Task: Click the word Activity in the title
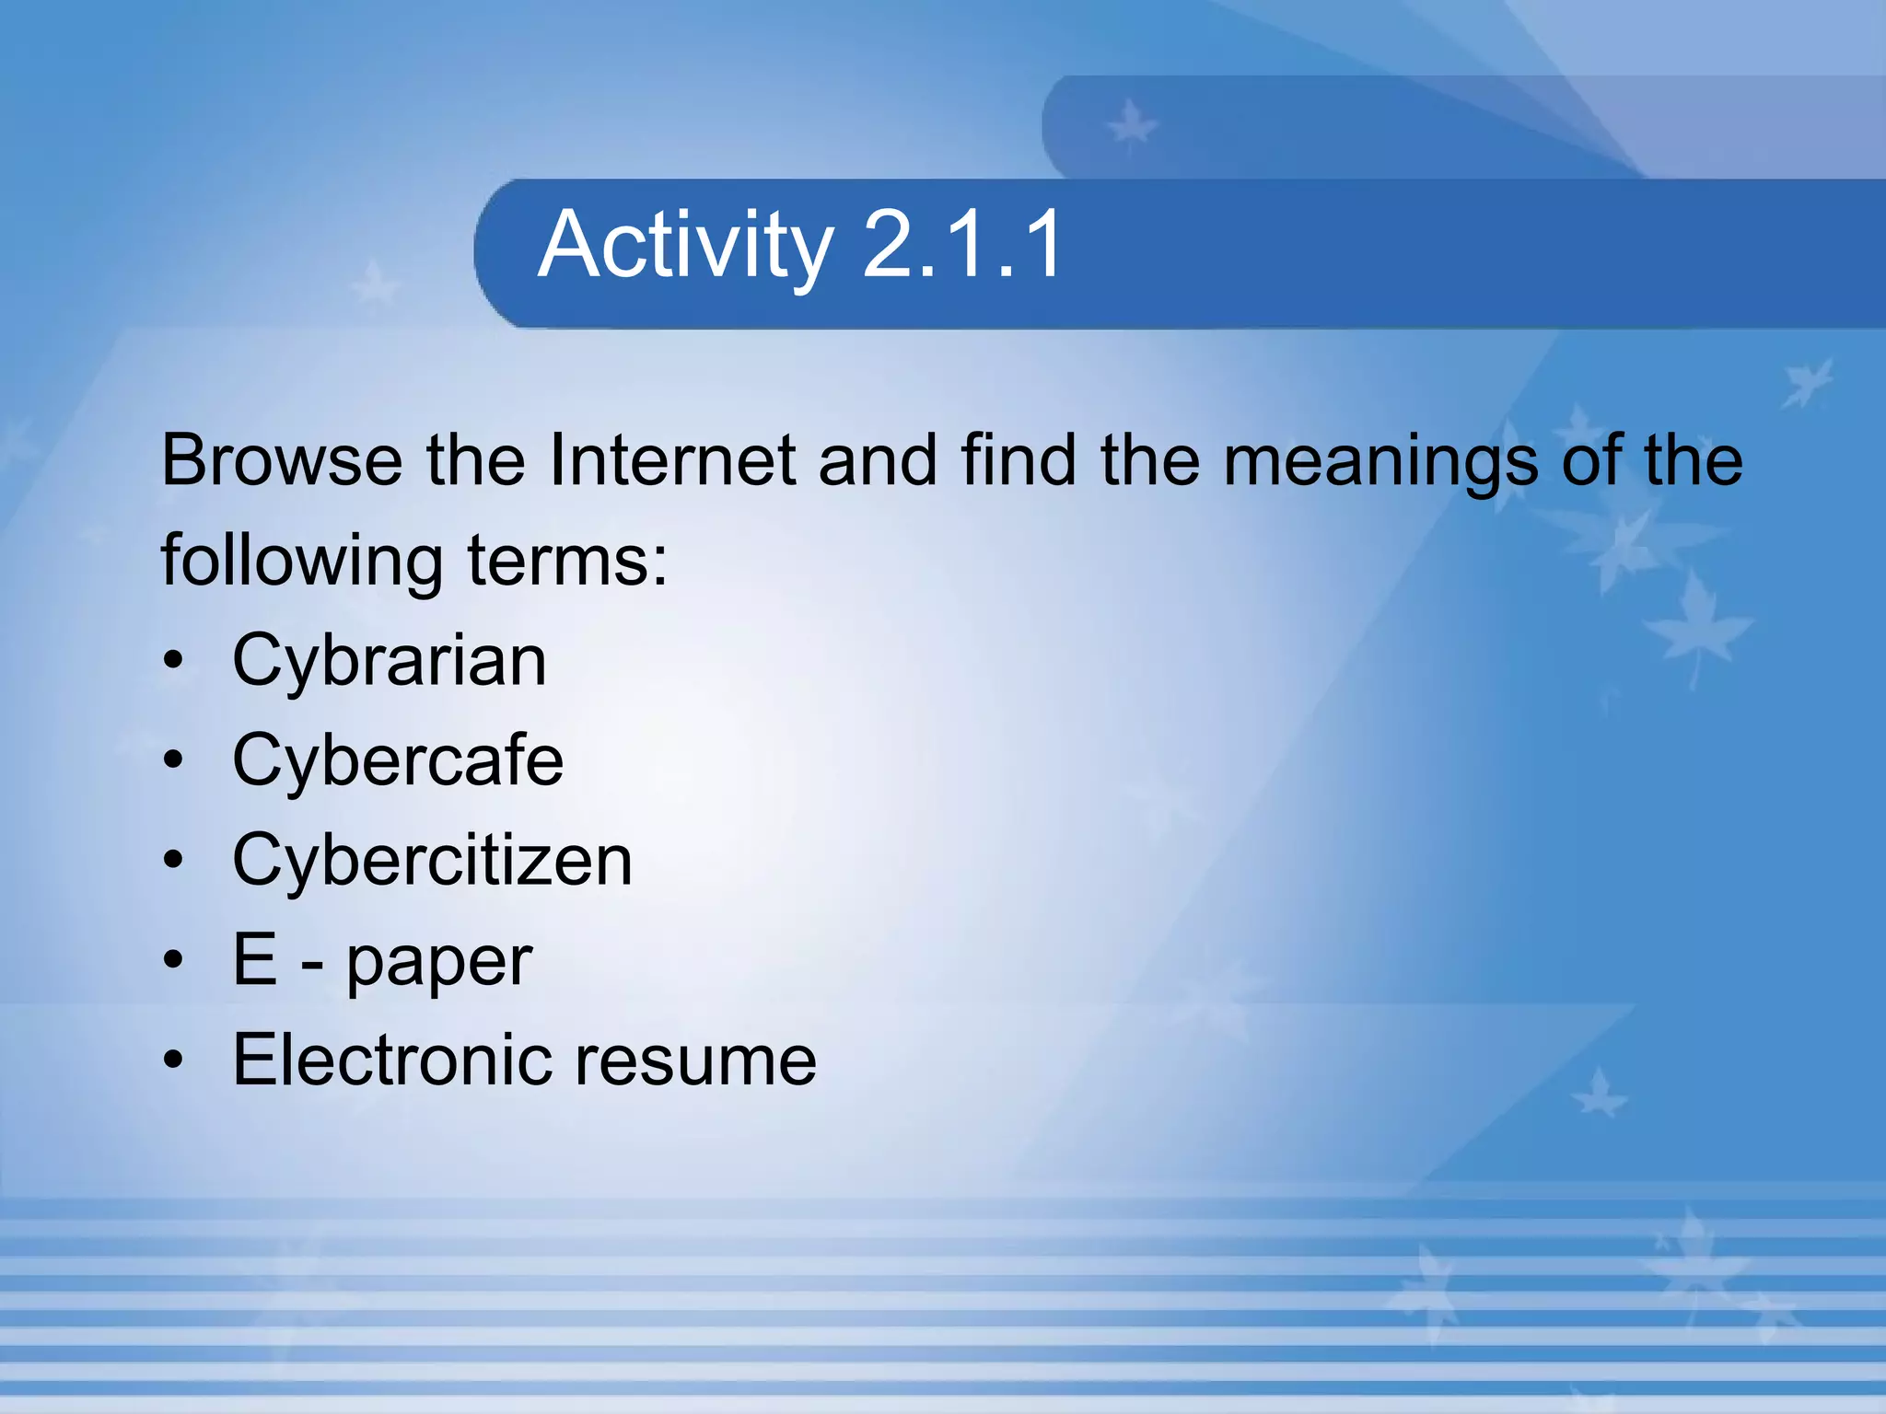tap(685, 245)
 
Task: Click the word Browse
tap(282, 459)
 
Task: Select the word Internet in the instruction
tap(672, 459)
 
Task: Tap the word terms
tap(567, 561)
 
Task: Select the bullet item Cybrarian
tap(390, 662)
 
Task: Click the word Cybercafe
tap(398, 760)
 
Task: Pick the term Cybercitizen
tap(432, 860)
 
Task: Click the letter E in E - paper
tap(255, 959)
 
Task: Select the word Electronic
tap(391, 1060)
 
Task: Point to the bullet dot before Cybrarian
tap(173, 662)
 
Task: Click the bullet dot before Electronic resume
tap(173, 1060)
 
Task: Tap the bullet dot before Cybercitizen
tap(173, 861)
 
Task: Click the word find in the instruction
tap(1018, 459)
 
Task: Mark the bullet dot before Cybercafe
tap(173, 761)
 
